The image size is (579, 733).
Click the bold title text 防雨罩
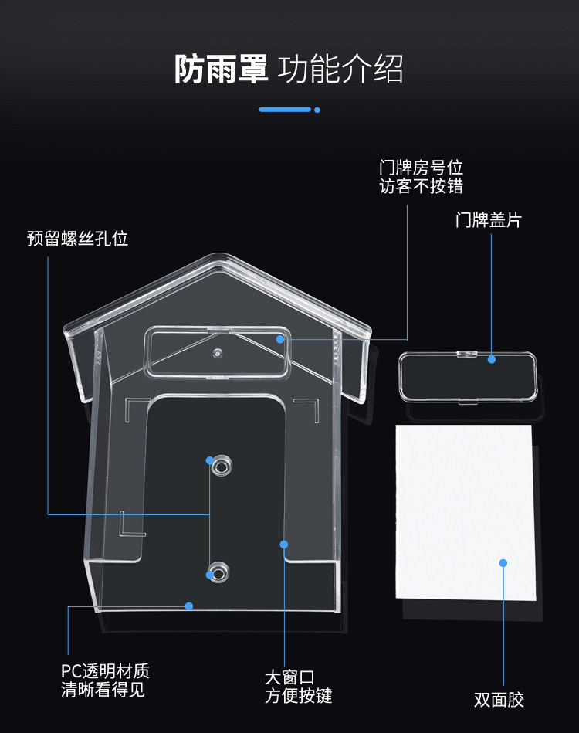(x=220, y=69)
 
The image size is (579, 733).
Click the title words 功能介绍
(x=340, y=69)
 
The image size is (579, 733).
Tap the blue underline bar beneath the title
(x=284, y=110)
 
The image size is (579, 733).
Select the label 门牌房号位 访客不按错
(x=421, y=177)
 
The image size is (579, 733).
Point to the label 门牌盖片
(x=489, y=220)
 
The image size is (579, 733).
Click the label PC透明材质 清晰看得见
(x=105, y=680)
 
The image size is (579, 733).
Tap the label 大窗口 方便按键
(x=298, y=687)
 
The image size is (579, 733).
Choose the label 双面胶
(x=499, y=700)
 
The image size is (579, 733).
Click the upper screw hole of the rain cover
(x=222, y=466)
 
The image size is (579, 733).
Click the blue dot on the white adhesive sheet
(x=503, y=562)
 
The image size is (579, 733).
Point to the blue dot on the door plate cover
(x=493, y=358)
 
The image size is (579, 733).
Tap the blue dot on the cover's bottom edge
(x=188, y=606)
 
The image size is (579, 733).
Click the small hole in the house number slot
(x=218, y=353)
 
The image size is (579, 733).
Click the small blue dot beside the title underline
(x=317, y=110)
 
